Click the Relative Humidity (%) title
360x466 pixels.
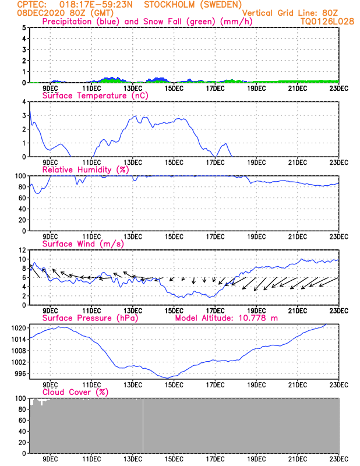84,170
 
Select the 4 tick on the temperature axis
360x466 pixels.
24,101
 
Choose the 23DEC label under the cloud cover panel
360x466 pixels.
340,458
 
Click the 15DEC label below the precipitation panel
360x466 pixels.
174,88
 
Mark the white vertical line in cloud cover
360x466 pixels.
143,425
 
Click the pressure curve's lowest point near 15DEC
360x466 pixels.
168,378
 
